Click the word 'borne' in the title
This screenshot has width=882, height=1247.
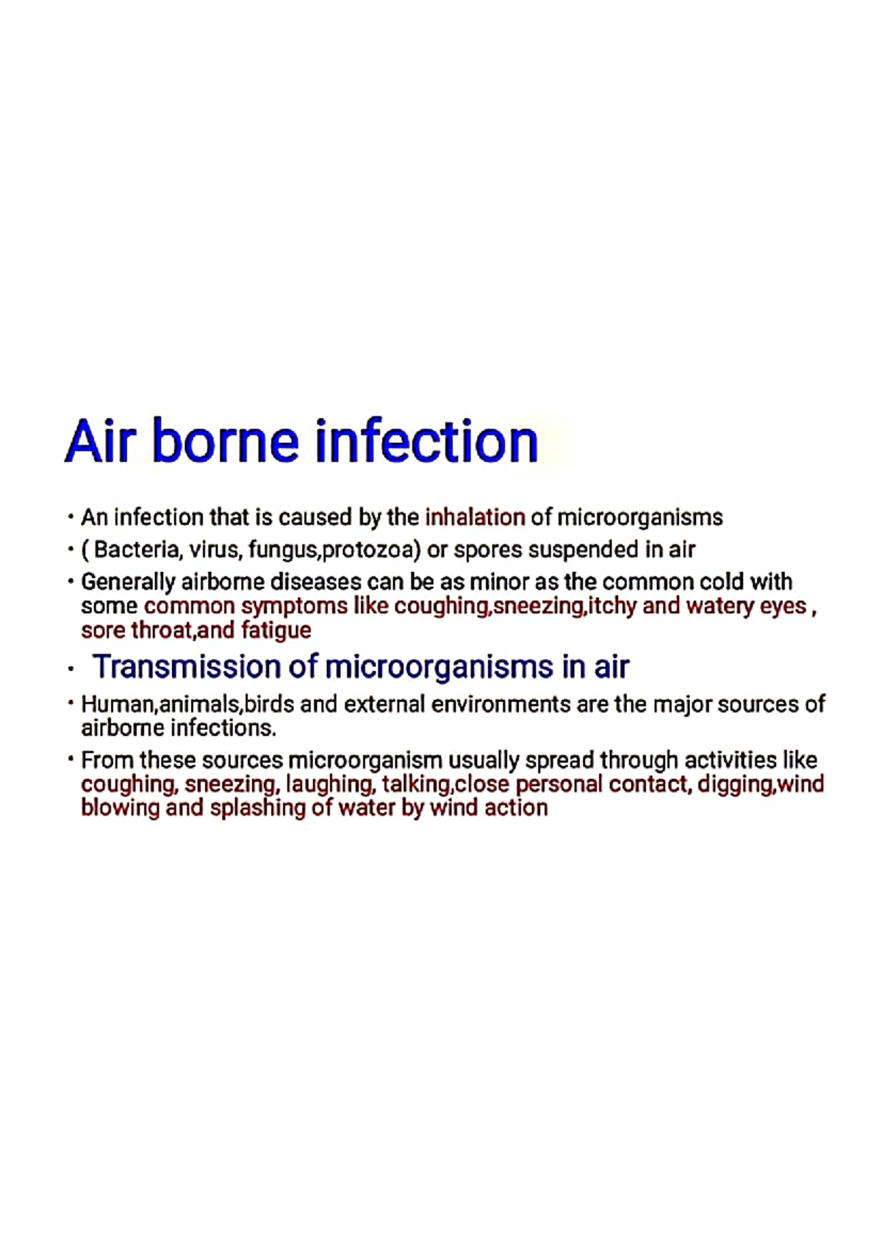[x=225, y=441]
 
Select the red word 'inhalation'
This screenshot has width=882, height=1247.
[x=475, y=518]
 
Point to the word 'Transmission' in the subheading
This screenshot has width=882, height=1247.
[x=187, y=667]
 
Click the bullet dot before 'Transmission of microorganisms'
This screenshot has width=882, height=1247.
[x=71, y=670]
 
